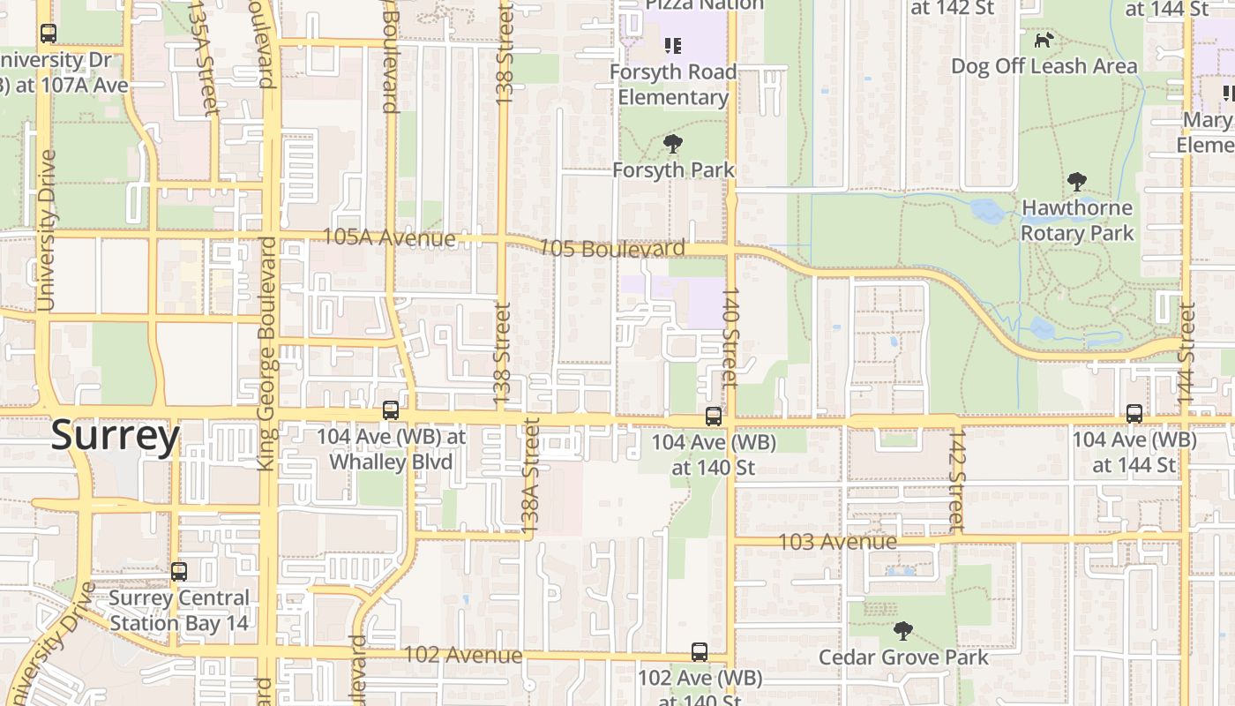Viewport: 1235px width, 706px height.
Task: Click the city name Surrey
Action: pos(115,436)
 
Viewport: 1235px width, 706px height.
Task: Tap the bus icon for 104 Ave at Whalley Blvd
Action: pos(391,410)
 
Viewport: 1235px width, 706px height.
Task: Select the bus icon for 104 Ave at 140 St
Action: pos(714,417)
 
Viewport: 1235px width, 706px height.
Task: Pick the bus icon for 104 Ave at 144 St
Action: pos(1134,413)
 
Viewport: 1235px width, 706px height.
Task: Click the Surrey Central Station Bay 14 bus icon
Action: pos(179,572)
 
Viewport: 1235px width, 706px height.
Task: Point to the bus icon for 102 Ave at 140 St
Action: pos(700,653)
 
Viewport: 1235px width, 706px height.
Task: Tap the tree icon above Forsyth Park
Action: pos(673,143)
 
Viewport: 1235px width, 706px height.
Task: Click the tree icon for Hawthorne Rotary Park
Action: pos(1076,183)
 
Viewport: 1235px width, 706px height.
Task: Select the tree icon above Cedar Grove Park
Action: pos(902,631)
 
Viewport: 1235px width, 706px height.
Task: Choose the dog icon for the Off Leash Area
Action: pos(1044,40)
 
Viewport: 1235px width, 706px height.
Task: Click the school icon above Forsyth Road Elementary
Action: pos(673,45)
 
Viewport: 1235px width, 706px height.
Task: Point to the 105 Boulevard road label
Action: pos(611,249)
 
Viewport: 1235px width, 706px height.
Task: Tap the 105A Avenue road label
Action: pos(389,238)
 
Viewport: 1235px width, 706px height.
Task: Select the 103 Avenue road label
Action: pos(837,541)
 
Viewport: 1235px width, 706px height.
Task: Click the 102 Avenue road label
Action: pos(462,656)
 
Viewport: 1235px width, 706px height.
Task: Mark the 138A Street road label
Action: pos(530,477)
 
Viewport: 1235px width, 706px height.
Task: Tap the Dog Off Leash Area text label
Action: pos(1044,66)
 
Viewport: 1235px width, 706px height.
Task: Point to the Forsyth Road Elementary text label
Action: pos(673,84)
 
